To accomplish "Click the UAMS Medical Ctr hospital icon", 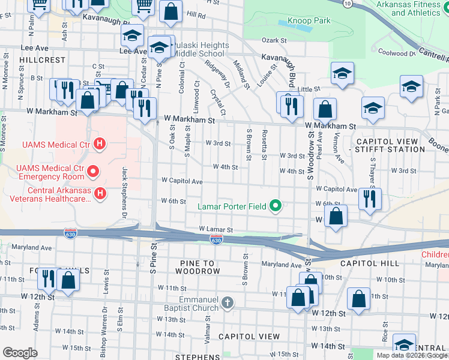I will point(101,144).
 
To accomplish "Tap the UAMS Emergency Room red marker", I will point(92,172).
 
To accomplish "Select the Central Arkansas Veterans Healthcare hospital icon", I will point(101,194).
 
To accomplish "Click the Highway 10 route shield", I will point(348,4).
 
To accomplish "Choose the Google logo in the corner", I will point(20,353).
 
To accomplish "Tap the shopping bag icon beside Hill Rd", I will point(171,11).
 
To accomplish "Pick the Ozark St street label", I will point(275,40).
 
